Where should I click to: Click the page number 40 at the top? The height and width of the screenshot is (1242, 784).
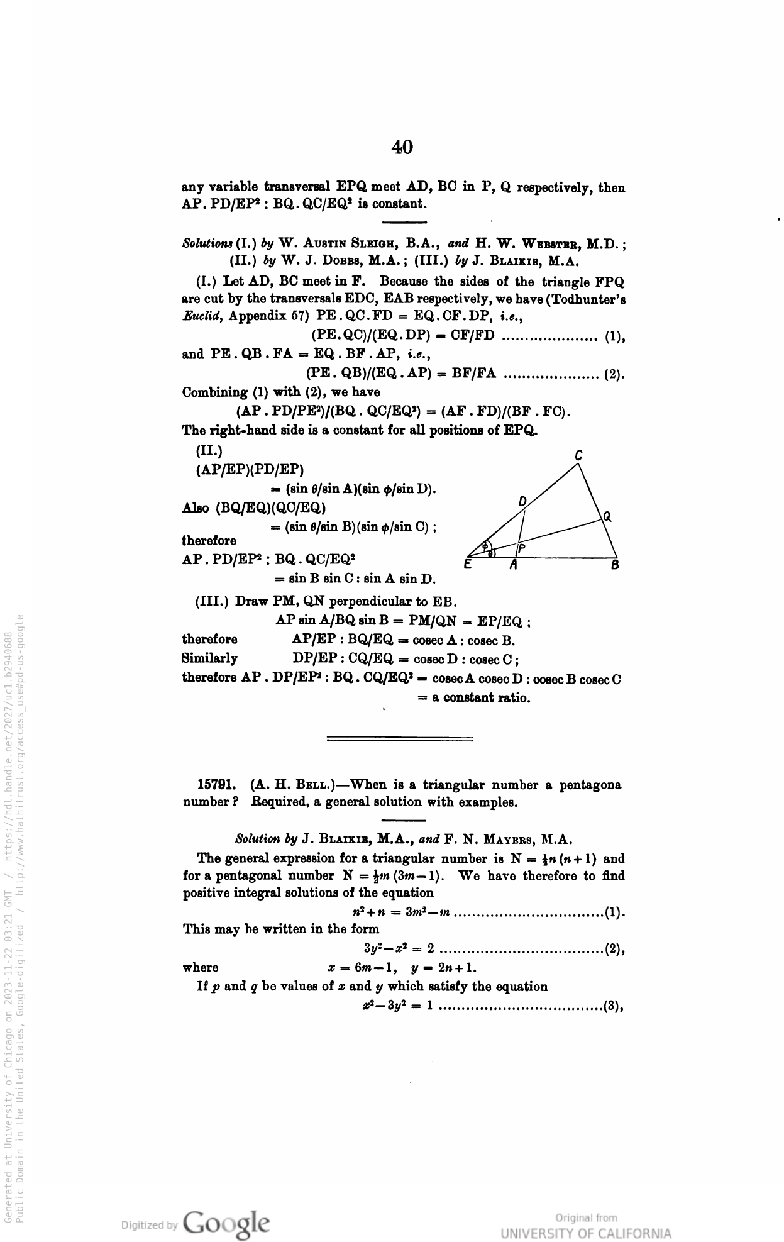[402, 148]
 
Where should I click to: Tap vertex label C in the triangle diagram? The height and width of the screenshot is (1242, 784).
[578, 455]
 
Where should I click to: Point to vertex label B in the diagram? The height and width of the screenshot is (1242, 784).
[615, 565]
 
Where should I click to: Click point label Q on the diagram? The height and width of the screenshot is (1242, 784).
[607, 517]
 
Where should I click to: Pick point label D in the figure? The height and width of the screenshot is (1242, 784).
[522, 501]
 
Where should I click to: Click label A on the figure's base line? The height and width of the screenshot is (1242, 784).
[513, 565]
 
